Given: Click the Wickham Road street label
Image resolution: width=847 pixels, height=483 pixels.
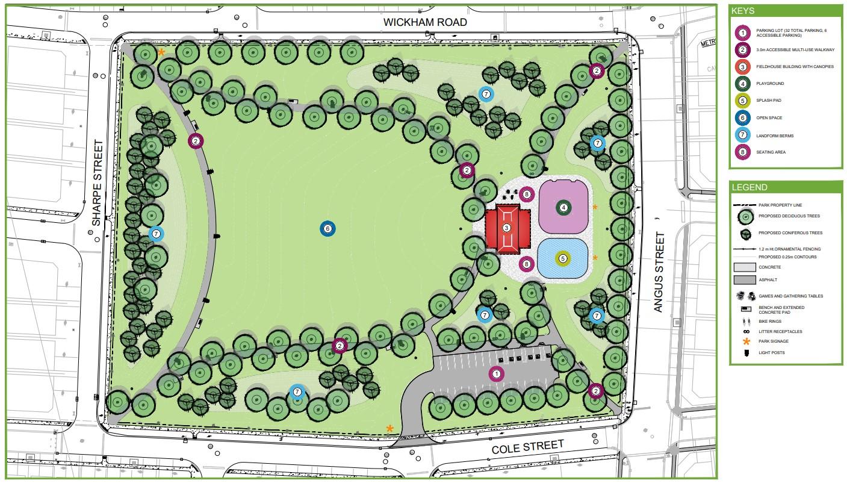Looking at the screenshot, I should coord(426,22).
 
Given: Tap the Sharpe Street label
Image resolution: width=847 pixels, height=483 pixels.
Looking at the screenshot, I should coord(98,183).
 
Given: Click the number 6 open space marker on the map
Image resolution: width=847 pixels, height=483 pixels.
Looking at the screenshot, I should coord(327,229).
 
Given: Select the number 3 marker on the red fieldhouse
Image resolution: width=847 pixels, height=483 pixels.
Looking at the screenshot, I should coord(506,228).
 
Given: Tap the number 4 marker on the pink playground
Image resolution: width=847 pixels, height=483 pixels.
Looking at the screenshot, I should coord(563,207).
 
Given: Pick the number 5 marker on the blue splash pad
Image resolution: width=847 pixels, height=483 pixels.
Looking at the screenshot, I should coord(562,258).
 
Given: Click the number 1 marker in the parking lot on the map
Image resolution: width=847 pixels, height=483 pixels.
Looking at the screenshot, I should coord(497,374).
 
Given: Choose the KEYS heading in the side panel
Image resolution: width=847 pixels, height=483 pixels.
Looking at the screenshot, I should coord(744,11).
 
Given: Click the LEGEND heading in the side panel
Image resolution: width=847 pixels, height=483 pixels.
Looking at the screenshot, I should coord(749,187).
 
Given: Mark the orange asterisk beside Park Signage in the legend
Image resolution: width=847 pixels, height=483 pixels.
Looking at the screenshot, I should coord(746,341).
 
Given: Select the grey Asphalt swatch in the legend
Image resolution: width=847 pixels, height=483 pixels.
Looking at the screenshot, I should coord(744,279).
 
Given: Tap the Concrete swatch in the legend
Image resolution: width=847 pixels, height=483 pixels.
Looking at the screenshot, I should coord(744,267).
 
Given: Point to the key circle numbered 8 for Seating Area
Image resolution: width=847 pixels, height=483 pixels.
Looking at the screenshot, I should coord(743,152).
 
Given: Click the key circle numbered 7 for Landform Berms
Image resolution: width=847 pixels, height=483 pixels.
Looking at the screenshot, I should coord(743,136).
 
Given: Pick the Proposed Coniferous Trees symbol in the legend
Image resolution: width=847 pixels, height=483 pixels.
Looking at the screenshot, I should coord(745,232).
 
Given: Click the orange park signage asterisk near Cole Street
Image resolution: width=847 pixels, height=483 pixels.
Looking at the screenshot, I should coord(390,429).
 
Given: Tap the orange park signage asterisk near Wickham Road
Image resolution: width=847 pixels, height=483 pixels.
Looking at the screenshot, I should coord(161,52).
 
